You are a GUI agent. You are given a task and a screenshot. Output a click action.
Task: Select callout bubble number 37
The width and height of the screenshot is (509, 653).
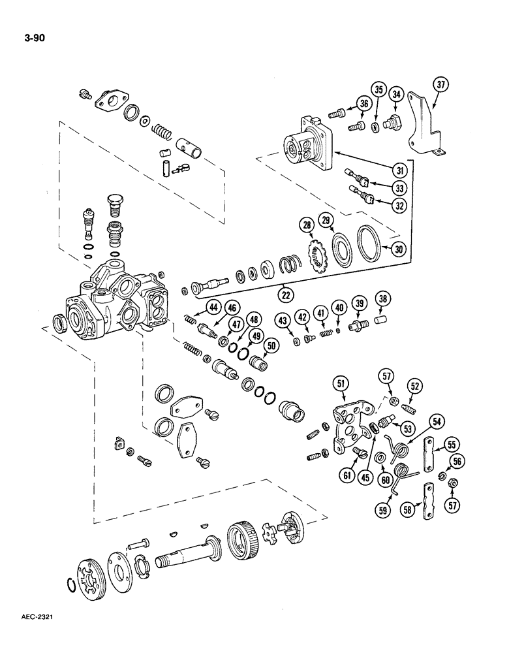click(441, 84)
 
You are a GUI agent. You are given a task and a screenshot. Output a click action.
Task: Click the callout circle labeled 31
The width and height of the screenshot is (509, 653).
click(397, 171)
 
